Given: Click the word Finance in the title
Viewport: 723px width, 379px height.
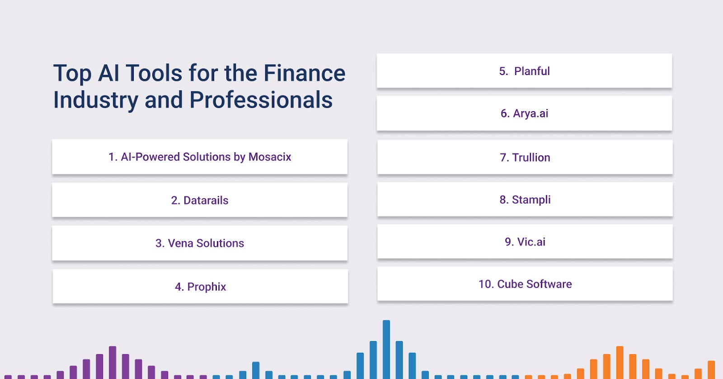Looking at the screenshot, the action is point(305,73).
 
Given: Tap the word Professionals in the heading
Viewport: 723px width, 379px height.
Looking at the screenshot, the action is point(261,100).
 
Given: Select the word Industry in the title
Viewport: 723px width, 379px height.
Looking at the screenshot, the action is point(96,100).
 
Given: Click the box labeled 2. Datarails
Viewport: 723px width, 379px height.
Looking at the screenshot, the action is point(200,200).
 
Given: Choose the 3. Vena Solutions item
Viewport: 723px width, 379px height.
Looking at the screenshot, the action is point(200,243).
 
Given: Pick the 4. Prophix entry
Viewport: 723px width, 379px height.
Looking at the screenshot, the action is point(201,286).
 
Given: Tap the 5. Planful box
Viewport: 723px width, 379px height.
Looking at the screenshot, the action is point(525,70).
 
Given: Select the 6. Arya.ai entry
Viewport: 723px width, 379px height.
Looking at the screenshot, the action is point(525,113).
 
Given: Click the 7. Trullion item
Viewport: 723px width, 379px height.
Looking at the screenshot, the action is point(525,157).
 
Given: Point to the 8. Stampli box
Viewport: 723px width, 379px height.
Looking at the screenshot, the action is point(525,199).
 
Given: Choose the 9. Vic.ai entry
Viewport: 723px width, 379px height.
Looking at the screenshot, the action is point(525,242).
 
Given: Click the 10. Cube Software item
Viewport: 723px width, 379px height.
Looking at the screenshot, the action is point(525,284).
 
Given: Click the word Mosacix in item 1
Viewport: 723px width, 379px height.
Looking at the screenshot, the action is point(270,157).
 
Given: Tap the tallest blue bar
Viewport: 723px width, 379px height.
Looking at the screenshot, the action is point(386,350).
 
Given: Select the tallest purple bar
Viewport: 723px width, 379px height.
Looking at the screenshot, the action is point(113,363).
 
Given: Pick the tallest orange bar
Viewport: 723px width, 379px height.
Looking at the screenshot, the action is point(620,363).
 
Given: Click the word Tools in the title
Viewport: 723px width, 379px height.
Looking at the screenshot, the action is point(154,73).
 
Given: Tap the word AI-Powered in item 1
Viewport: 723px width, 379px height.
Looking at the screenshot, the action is point(150,157).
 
